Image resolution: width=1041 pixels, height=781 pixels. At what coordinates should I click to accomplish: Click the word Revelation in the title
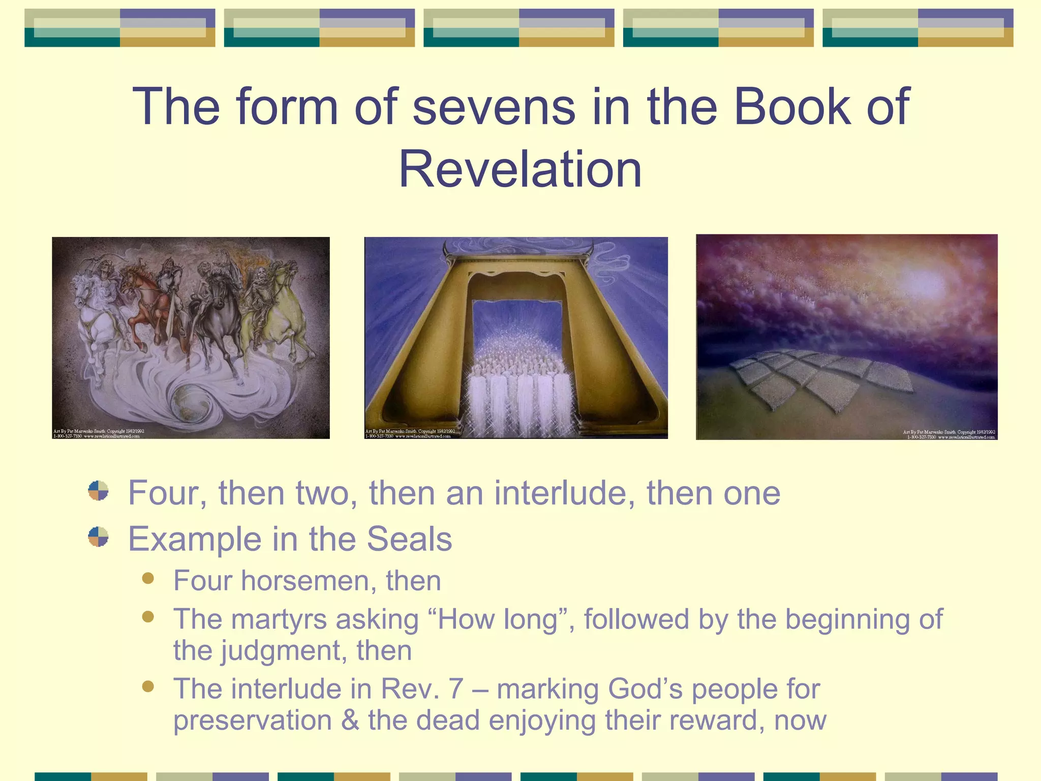pos(520,170)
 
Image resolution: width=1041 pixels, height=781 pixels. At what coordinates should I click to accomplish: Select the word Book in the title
pos(792,107)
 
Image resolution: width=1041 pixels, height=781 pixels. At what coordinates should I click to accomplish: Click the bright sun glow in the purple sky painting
pos(925,280)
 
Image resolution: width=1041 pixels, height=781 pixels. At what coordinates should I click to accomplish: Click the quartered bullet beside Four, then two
pos(98,491)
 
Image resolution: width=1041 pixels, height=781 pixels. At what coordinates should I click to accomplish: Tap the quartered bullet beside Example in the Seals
pos(98,537)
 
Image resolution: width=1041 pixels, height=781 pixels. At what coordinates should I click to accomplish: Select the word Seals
pos(409,539)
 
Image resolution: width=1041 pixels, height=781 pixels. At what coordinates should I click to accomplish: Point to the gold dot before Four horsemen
pos(148,579)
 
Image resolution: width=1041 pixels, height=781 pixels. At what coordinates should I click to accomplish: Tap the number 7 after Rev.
pos(455,689)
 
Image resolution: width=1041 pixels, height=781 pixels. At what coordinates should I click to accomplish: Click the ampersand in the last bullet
pos(350,721)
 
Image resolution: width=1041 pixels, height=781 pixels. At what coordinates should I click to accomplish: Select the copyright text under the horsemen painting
pos(99,433)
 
